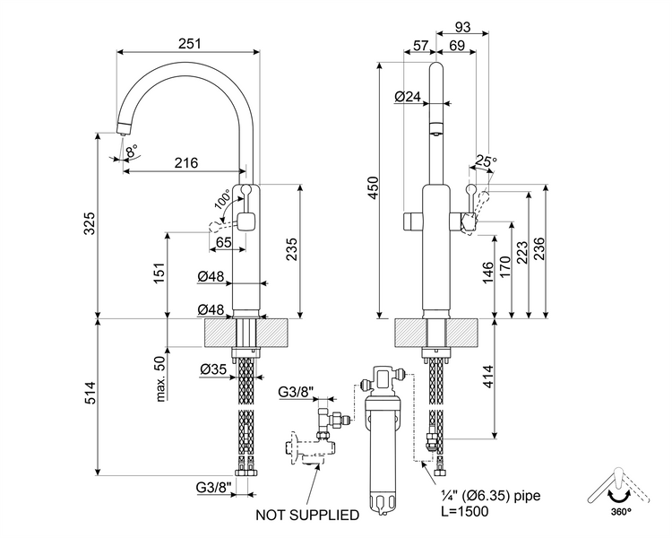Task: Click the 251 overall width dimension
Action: (x=188, y=43)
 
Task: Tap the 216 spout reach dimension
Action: (x=185, y=162)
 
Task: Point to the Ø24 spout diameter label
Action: (x=407, y=96)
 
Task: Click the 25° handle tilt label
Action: (x=485, y=161)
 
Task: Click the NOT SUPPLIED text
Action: (x=307, y=515)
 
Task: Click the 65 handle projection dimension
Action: (x=223, y=241)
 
